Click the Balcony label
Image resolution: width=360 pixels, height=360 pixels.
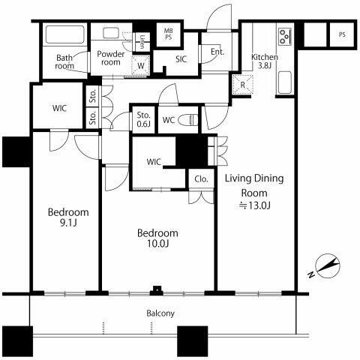160,313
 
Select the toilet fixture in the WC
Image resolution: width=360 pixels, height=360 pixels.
188,120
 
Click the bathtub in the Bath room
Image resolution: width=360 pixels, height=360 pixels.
65,34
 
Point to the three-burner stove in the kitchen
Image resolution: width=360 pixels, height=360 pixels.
285,37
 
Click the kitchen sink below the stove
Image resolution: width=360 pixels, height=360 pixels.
285,82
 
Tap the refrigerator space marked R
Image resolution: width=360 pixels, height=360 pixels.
242,85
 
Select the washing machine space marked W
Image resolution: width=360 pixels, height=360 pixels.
140,65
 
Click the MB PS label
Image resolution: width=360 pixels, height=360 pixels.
168,34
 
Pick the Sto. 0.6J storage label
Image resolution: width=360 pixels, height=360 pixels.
143,119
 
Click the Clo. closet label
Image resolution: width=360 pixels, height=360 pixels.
201,179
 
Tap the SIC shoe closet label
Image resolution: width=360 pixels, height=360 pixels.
181,59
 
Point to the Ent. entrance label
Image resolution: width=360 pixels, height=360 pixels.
217,52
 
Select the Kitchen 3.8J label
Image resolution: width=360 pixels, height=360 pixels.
265,61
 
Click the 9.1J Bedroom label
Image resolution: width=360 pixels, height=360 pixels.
68,217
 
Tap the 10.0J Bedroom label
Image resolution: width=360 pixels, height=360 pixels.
157,238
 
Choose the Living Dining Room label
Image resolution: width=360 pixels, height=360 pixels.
254,191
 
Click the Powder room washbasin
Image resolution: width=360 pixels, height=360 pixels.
111,33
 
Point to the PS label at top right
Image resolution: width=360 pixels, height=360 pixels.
342,34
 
